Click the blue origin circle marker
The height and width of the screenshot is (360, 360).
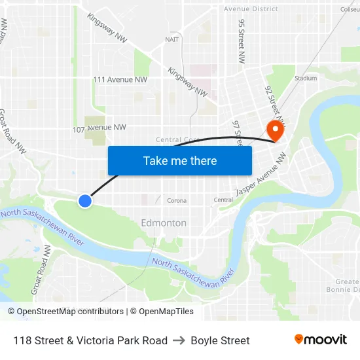tap(85, 201)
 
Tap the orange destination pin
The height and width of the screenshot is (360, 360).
tap(275, 130)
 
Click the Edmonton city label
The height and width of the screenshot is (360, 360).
tap(164, 223)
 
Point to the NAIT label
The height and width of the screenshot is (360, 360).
tap(172, 39)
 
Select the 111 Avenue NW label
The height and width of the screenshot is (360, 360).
tap(120, 80)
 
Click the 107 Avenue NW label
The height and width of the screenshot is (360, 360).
tap(99, 128)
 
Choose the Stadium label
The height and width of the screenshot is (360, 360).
tap(306, 78)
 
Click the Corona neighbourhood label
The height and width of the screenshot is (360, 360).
tap(177, 200)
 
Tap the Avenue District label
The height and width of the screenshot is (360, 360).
tap(251, 9)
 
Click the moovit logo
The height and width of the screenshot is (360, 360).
tap(320, 340)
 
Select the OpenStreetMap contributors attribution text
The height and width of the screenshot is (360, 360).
tap(70, 312)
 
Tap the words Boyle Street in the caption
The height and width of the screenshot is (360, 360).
tap(220, 340)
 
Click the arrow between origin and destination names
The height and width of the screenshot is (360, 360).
tap(179, 340)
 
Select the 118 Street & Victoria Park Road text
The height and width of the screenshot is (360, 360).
tap(90, 340)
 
